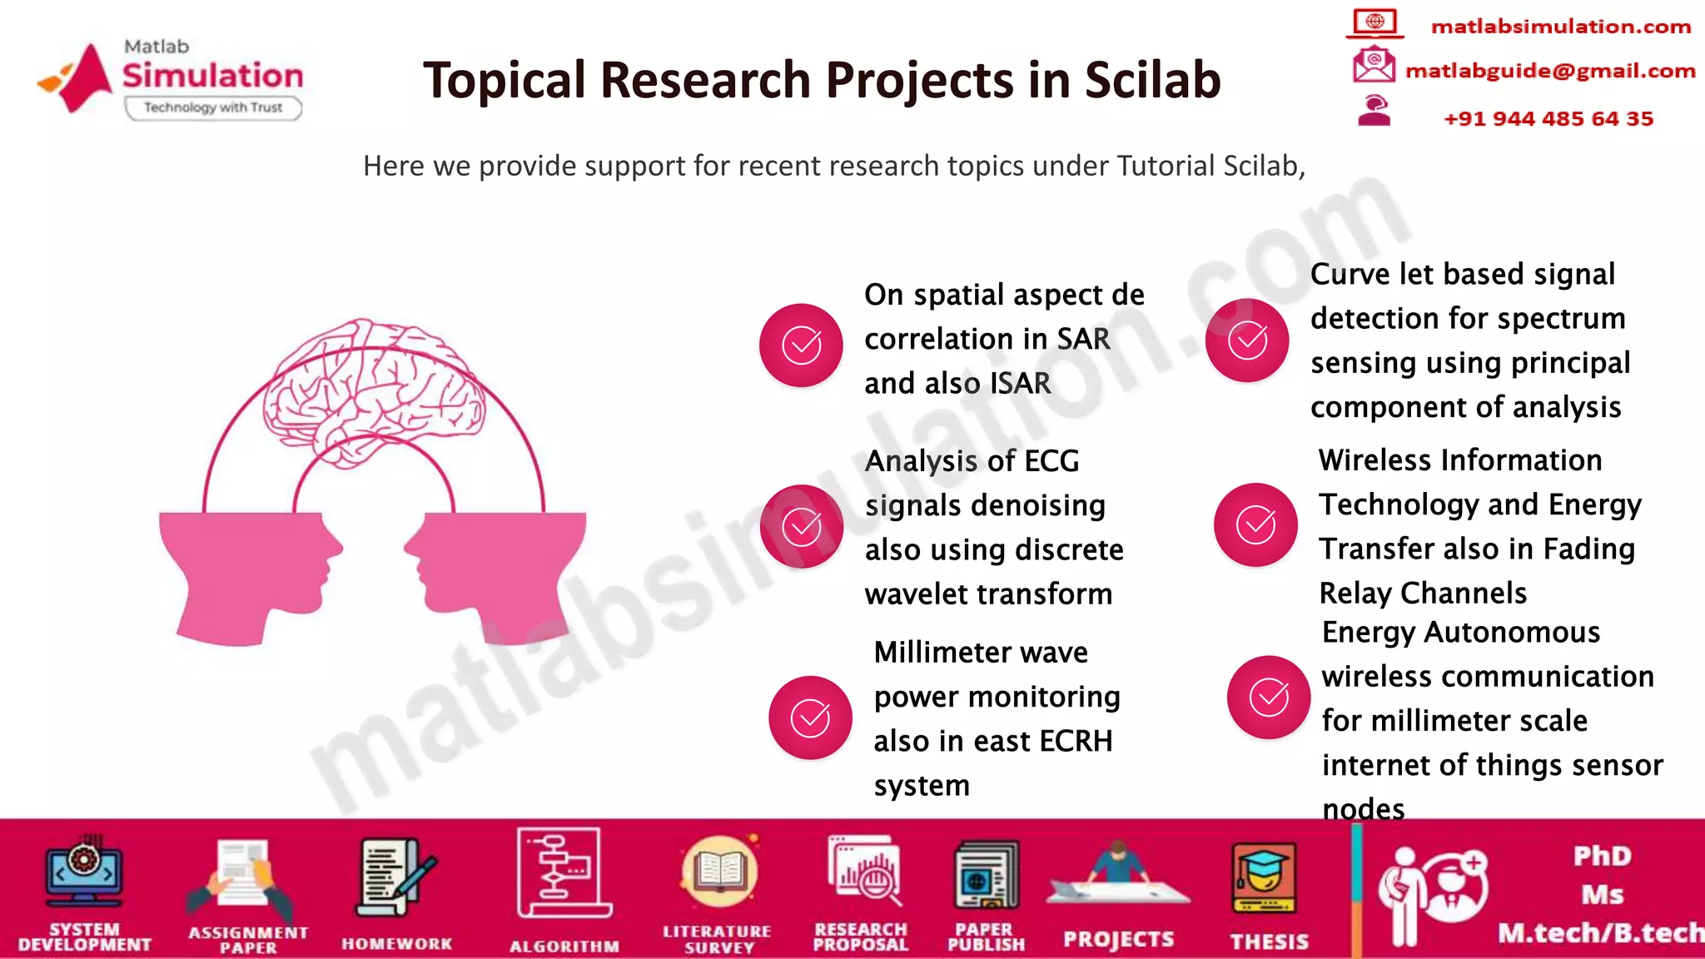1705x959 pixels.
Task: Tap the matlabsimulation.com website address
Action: click(x=1560, y=27)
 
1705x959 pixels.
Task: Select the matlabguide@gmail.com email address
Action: click(x=1549, y=71)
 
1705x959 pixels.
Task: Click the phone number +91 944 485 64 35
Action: click(x=1548, y=118)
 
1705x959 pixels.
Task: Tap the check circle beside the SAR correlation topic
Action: click(x=801, y=345)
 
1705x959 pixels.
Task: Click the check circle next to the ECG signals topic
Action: click(x=801, y=526)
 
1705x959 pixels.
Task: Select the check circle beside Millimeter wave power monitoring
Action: click(x=809, y=718)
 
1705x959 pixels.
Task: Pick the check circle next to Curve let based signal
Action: click(x=1247, y=340)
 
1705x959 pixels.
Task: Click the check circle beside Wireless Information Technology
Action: click(x=1255, y=524)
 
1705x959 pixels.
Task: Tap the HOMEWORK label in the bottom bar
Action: click(x=396, y=943)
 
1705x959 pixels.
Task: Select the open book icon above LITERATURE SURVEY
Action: click(x=718, y=872)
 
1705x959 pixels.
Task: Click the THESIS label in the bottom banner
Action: click(x=1269, y=942)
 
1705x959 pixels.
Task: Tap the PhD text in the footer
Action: click(x=1602, y=856)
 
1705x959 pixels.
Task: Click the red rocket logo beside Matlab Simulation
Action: click(x=79, y=77)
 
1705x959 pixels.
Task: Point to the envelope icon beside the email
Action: click(x=1373, y=66)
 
